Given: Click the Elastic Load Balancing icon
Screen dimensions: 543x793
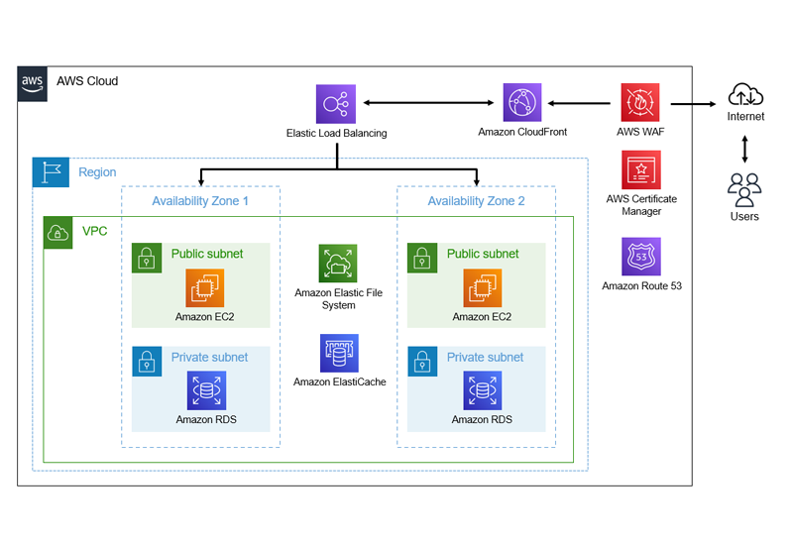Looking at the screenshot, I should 336,104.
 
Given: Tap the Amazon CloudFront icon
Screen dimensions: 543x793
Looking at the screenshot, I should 522,103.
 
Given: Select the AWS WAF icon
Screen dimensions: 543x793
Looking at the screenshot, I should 640,103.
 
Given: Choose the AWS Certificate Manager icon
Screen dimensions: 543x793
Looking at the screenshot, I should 640,169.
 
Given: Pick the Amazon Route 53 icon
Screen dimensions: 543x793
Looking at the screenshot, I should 640,257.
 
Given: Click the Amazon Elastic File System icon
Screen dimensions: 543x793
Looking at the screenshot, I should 338,264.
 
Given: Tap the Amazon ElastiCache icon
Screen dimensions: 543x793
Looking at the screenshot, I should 339,353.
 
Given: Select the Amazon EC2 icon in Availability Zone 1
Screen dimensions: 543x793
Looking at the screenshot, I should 206,288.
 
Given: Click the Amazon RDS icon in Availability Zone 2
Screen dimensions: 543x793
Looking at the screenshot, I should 483,391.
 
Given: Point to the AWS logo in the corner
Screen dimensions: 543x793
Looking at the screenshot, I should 33,82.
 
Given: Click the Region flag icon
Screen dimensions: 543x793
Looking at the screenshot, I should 51,172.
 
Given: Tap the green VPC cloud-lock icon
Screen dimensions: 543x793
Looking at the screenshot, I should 58,233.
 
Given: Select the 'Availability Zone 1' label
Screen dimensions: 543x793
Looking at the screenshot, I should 200,201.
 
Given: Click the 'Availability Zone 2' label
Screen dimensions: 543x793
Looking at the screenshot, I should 477,201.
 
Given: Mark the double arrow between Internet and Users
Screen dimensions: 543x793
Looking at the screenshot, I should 744,150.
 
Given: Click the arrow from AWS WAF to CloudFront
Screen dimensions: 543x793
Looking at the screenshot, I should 580,102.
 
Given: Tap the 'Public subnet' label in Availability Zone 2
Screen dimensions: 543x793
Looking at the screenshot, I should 483,254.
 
